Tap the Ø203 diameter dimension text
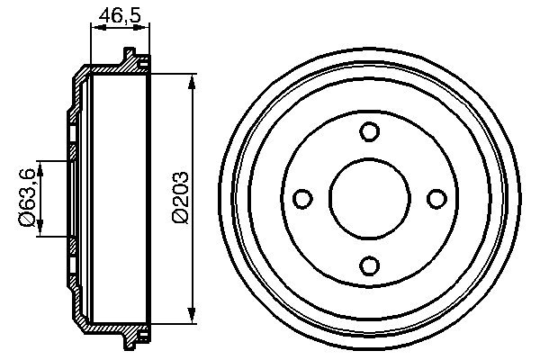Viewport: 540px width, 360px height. coord(179,195)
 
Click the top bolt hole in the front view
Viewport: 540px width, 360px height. coord(368,131)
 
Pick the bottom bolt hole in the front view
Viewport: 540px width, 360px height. coord(368,265)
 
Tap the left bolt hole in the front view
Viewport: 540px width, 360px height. coord(301,198)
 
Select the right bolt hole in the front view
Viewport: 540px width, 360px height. coord(435,198)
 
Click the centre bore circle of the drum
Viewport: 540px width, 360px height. coord(368,198)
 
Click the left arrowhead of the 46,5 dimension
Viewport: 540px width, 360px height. coord(95,28)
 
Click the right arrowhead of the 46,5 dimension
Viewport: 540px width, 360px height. coord(144,28)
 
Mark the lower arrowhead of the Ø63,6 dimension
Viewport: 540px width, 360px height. coord(40,231)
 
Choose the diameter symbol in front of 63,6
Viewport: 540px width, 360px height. coord(28,220)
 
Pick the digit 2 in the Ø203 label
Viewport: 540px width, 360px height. coord(179,202)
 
